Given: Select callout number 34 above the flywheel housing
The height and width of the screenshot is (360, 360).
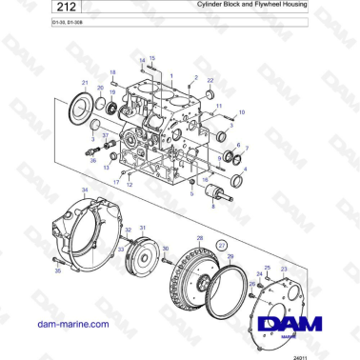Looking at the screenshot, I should [85, 190].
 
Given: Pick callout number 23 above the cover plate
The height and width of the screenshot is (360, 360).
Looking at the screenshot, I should [284, 270].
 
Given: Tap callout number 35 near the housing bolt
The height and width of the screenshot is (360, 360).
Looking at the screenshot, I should [58, 271].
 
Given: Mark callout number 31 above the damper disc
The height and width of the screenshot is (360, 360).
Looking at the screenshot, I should [143, 230].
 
